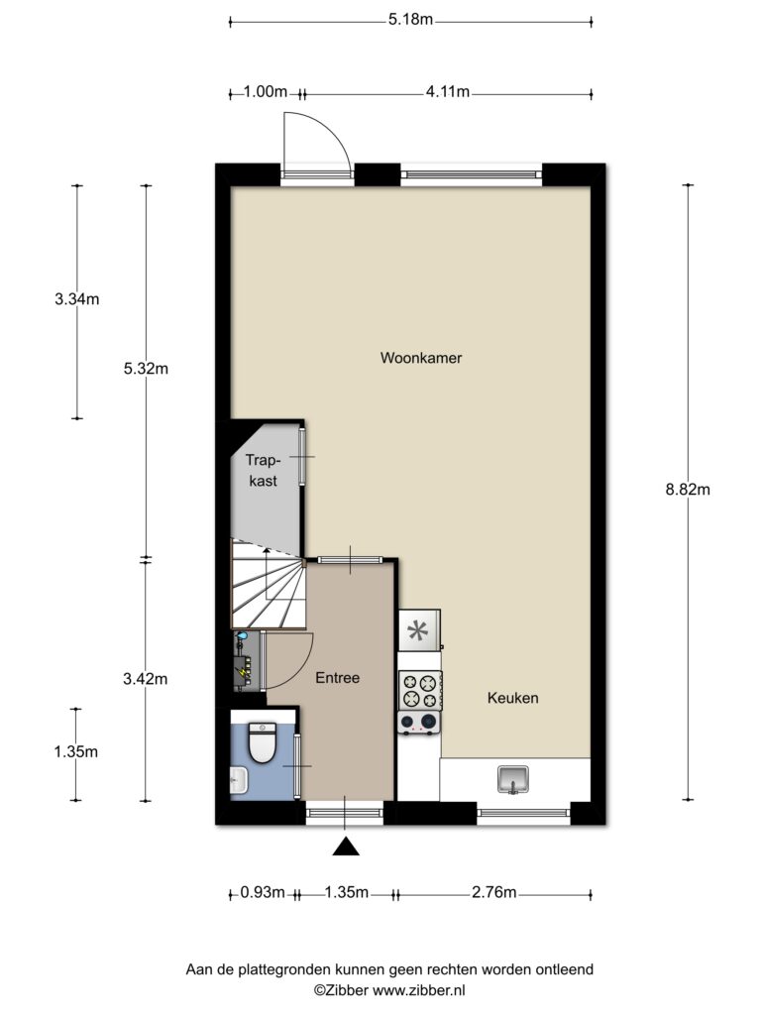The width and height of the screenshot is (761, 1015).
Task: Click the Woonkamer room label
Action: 420,357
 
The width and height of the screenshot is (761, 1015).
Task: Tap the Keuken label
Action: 512,698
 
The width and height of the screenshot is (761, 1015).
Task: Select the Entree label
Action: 337,678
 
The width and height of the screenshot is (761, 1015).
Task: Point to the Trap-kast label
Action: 263,471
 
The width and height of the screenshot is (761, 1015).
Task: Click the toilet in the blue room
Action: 263,742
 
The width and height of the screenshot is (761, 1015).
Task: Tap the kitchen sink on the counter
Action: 513,779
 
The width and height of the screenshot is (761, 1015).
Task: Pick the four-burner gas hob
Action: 419,690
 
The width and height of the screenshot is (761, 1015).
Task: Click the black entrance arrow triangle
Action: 346,846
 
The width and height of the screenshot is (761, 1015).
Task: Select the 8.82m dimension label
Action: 688,490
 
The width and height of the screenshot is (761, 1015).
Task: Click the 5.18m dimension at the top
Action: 410,19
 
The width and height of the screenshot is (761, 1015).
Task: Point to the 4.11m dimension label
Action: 447,91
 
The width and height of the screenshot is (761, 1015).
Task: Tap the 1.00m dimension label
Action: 266,91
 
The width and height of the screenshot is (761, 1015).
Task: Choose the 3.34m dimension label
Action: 77,299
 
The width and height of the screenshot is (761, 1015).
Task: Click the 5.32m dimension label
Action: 146,369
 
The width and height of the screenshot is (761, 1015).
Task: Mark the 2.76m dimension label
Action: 493,893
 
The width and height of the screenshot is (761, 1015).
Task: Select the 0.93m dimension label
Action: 262,893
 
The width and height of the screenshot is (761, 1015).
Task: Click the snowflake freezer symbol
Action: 419,629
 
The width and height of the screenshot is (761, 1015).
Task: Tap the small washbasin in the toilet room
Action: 238,780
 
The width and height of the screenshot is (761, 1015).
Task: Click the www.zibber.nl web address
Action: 419,990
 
